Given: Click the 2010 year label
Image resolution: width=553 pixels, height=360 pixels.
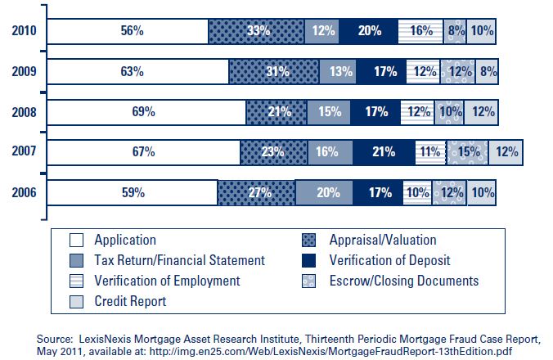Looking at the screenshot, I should tap(24, 31).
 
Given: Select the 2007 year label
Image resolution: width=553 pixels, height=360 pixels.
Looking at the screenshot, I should tap(24, 152).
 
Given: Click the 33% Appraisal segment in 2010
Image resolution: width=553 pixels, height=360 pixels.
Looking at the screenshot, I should tap(257, 31).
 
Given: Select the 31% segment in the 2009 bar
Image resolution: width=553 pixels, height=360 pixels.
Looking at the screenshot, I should tap(274, 72).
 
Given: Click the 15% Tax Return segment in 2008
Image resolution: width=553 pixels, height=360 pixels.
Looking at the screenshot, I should tap(330, 112).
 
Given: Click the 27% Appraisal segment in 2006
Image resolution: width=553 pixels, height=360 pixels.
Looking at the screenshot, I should tap(256, 193).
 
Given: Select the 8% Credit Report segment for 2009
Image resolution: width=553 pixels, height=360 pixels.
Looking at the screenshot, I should tap(486, 72).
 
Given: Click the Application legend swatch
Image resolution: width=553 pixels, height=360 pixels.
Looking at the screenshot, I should tap(77, 241).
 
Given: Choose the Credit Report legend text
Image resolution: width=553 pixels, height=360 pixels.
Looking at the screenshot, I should tap(130, 301).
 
